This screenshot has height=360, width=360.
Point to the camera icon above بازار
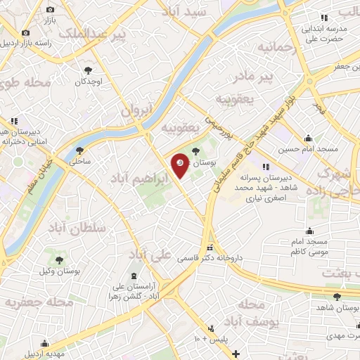point(50,9)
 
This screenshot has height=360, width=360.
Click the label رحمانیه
point(263,48)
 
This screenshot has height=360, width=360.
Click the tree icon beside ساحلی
point(79,150)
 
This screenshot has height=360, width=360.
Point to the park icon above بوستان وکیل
point(49,251)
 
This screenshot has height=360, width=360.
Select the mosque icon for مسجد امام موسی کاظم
point(310,230)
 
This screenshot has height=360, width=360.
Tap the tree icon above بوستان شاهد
point(337,296)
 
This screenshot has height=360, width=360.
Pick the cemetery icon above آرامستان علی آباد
point(135,275)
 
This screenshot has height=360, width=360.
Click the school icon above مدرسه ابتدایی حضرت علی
point(323,17)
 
